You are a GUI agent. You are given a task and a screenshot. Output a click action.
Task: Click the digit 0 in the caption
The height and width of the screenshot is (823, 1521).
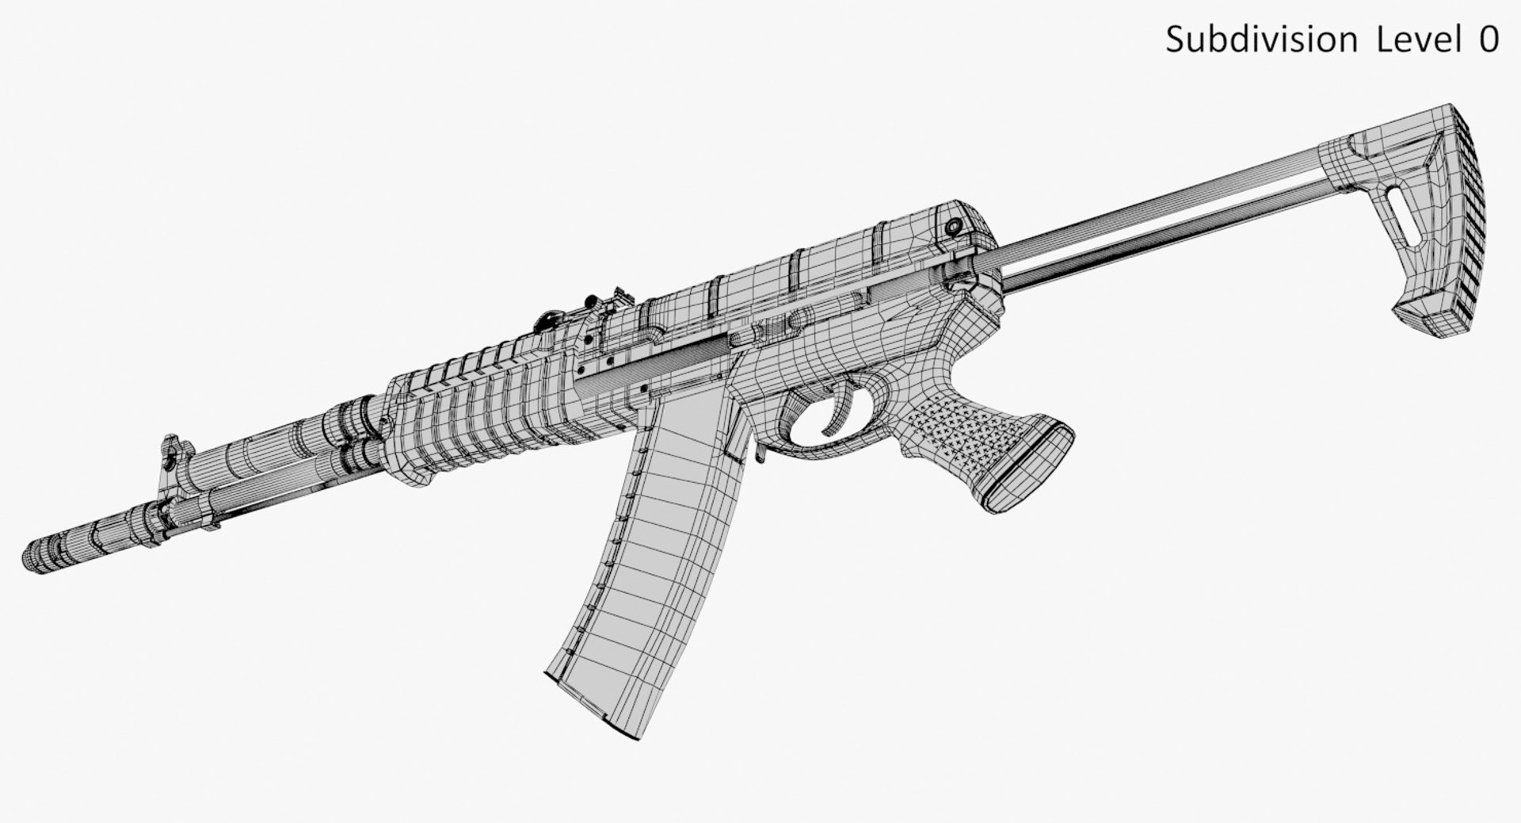pos(1488,40)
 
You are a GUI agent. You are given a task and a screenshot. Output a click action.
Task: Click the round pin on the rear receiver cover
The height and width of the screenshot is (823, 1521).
pos(954,228)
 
